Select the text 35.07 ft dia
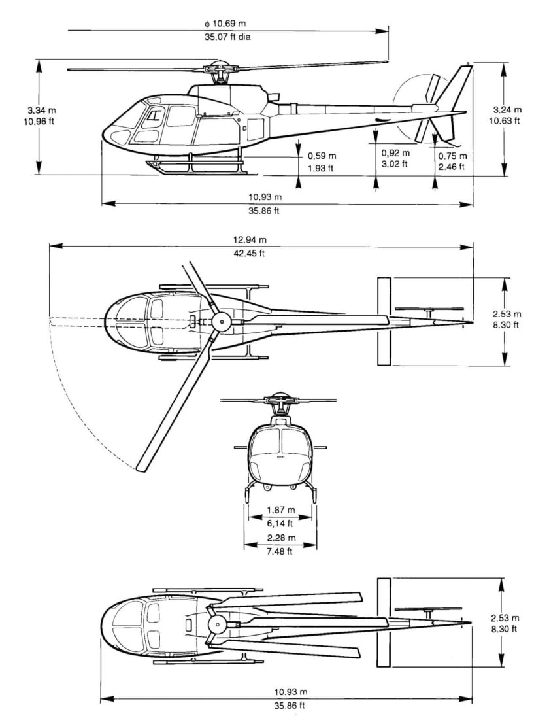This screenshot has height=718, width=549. (227, 37)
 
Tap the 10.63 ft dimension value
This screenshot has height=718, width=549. (507, 120)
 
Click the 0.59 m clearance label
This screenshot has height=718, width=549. (322, 156)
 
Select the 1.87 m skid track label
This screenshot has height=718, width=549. (280, 510)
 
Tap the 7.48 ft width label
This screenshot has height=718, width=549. (280, 551)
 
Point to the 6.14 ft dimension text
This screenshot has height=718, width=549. (280, 523)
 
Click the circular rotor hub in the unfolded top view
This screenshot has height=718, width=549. (221, 322)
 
